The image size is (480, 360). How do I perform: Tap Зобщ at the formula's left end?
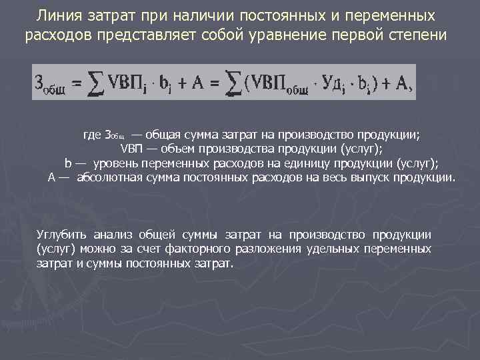coord(51,84)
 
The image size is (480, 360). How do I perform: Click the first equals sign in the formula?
coord(77,84)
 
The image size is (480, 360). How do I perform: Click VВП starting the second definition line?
coord(130,148)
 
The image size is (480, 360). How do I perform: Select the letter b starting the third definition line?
coord(68,163)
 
